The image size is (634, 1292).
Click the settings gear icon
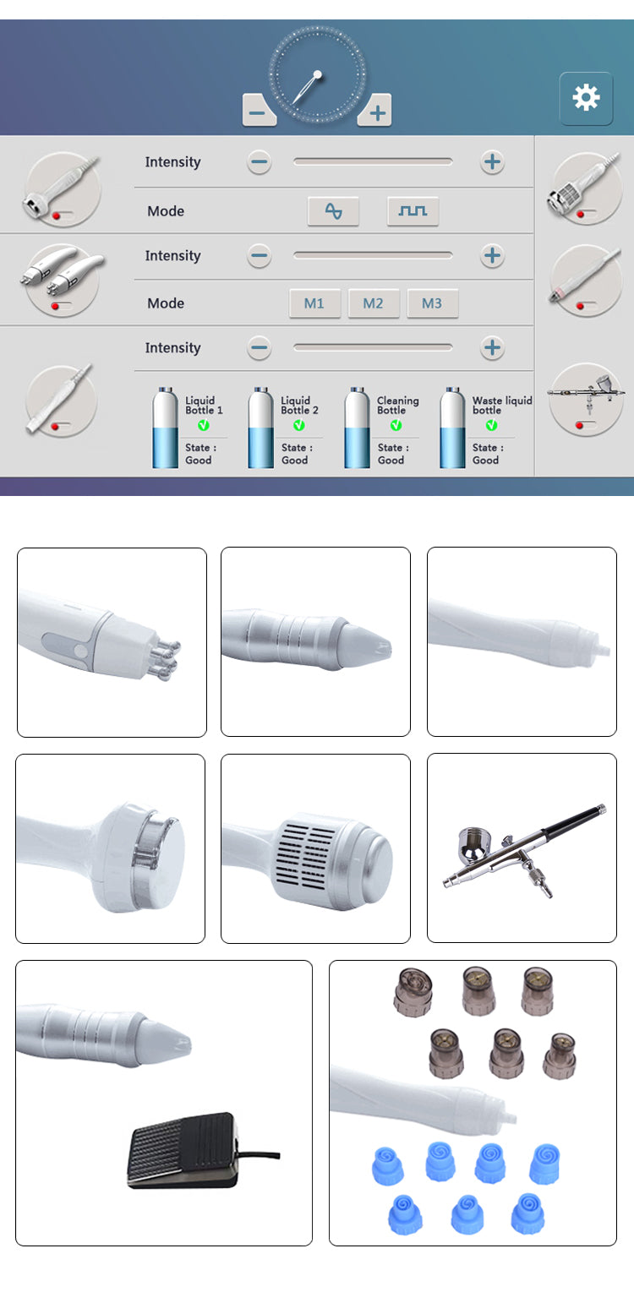(586, 98)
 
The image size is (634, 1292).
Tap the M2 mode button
(373, 303)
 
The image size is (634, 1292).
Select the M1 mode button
(314, 303)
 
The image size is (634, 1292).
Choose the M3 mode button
(432, 303)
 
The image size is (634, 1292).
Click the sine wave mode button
(334, 211)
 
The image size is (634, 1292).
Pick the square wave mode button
(413, 211)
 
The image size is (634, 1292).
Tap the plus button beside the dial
(375, 112)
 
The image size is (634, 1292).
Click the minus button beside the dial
(259, 112)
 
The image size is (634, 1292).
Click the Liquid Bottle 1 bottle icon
(164, 428)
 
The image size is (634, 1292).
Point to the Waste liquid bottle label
(501, 406)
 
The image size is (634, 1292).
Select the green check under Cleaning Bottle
(396, 425)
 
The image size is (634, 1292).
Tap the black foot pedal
(182, 1149)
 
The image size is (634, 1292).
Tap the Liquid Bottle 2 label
(299, 406)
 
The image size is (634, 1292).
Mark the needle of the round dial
(306, 90)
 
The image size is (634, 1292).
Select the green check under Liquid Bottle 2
(299, 425)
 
